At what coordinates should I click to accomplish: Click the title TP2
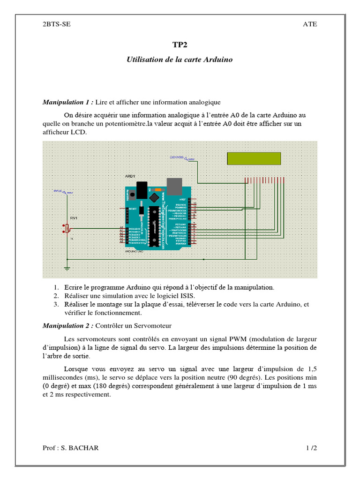pyautogui.click(x=180, y=45)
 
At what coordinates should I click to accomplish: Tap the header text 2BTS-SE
pyautogui.click(x=57, y=24)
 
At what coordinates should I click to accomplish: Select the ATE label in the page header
pyautogui.click(x=310, y=24)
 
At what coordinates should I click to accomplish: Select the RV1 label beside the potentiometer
pyautogui.click(x=74, y=218)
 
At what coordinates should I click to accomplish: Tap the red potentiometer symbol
pyautogui.click(x=66, y=228)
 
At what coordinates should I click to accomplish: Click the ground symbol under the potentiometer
pyautogui.click(x=67, y=268)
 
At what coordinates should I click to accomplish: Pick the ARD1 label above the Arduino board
pyautogui.click(x=130, y=176)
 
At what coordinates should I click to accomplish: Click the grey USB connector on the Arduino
pyautogui.click(x=175, y=186)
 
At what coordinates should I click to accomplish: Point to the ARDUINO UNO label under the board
pyautogui.click(x=135, y=252)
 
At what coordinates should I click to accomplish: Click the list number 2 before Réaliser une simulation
pyautogui.click(x=55, y=296)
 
